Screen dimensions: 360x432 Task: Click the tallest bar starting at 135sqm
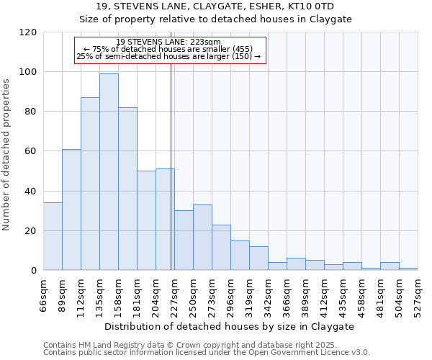click(109, 172)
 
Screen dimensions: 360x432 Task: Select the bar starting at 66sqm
click(53, 237)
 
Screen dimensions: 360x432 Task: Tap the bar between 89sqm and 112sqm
click(71, 210)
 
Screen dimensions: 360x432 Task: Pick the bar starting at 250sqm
click(202, 238)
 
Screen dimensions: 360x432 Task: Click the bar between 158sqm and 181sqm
click(127, 189)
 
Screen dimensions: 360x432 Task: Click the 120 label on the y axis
click(29, 32)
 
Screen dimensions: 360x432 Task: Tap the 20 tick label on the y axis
click(32, 231)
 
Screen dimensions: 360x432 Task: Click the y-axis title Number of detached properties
click(6, 156)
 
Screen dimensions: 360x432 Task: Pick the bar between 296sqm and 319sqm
click(240, 256)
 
